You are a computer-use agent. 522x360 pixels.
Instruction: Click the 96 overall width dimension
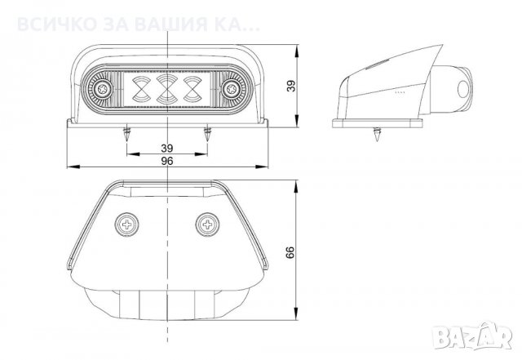pyautogui.click(x=168, y=162)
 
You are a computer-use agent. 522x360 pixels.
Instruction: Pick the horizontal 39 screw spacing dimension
pyautogui.click(x=166, y=147)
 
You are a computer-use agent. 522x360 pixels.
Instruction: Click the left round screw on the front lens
pyautogui.click(x=101, y=86)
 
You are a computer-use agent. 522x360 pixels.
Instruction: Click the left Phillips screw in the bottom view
pyautogui.click(x=130, y=221)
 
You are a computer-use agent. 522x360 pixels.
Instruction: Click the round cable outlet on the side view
pyautogui.click(x=465, y=90)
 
